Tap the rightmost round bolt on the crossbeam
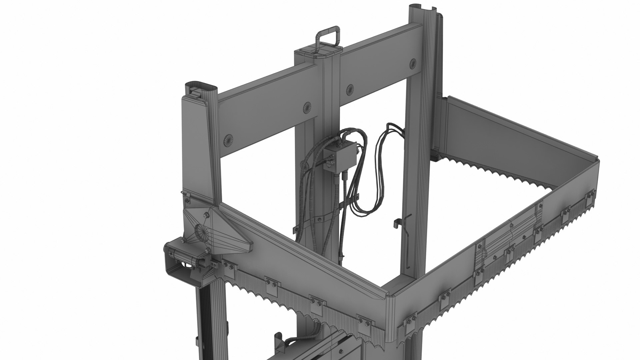(413, 63)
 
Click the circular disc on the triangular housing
(201, 230)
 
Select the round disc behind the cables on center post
(304, 165)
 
